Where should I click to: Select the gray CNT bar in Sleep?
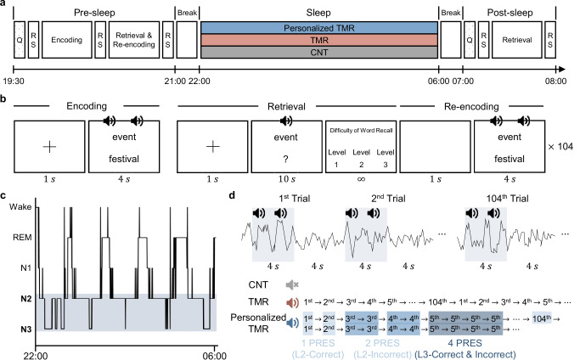[x=318, y=53]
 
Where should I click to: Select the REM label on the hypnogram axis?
[x=23, y=240]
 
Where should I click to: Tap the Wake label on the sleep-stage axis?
[x=21, y=206]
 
